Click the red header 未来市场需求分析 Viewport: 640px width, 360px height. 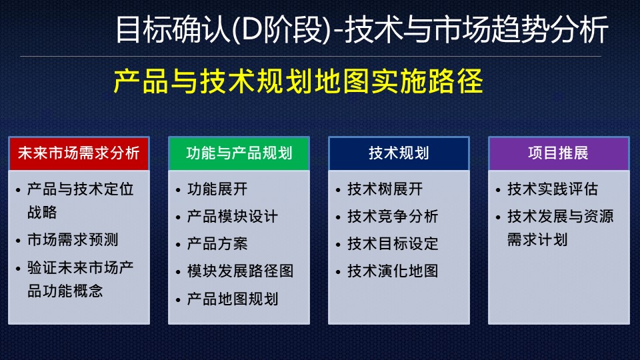(x=79, y=153)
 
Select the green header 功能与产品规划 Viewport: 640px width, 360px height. (x=239, y=153)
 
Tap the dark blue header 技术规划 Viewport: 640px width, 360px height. (x=399, y=153)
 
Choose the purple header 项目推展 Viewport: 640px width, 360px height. (x=559, y=153)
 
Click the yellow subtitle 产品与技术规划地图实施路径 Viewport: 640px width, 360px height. (x=299, y=81)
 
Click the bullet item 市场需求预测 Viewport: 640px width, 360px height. (x=73, y=239)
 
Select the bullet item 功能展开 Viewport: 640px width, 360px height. (x=217, y=189)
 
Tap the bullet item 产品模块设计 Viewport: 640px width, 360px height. (x=232, y=216)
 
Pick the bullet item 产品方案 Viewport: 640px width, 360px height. (x=217, y=244)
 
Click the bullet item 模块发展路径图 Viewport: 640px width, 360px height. (x=240, y=271)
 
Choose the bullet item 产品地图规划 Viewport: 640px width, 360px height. (x=232, y=299)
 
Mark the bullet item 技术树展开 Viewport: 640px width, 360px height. (x=385, y=189)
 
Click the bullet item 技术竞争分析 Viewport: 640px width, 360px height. (x=393, y=216)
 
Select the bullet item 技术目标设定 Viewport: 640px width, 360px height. (x=393, y=244)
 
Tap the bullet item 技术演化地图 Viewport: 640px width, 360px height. (x=393, y=271)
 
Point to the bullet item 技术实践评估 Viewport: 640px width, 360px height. (x=553, y=189)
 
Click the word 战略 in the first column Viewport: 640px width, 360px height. (x=42, y=212)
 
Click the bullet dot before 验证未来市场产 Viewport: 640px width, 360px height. (x=18, y=269)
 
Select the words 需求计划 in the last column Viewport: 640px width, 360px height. (x=537, y=239)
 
